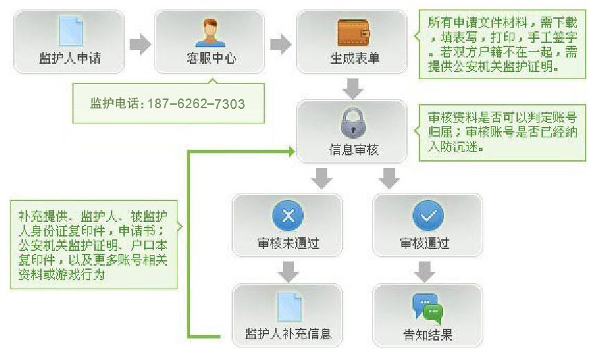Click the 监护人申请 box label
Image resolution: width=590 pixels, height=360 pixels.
tap(69, 58)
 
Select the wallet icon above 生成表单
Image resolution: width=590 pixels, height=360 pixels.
tap(354, 32)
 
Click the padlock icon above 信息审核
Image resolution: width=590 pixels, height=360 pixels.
tap(353, 123)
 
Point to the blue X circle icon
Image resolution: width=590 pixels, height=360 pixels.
tap(288, 216)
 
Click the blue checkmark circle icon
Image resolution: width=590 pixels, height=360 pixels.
tap(428, 216)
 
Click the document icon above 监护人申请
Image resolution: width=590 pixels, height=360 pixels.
tap(70, 31)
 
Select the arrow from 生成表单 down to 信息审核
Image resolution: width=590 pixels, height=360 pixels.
tap(354, 88)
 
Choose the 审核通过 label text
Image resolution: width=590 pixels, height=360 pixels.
tap(424, 244)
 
